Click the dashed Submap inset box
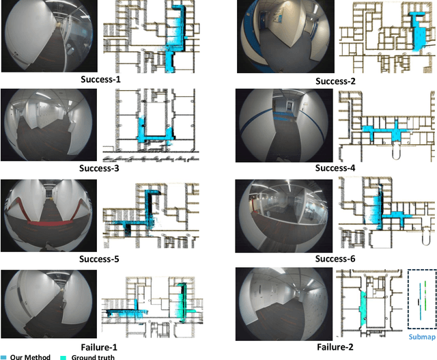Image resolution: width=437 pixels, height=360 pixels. (x=421, y=300)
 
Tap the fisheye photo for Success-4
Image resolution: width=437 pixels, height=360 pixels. (x=283, y=125)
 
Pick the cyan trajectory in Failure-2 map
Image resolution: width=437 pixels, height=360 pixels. (x=363, y=307)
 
